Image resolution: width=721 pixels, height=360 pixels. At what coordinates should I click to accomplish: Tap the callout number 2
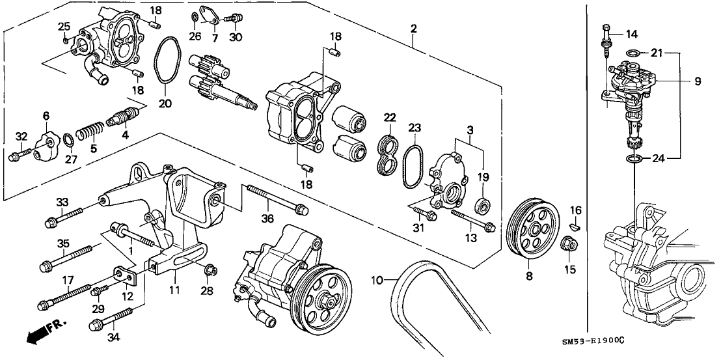pyautogui.click(x=414, y=29)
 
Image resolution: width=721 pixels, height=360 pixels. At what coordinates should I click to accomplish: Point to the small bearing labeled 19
pyautogui.click(x=483, y=206)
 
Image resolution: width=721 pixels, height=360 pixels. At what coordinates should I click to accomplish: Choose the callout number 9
pyautogui.click(x=697, y=81)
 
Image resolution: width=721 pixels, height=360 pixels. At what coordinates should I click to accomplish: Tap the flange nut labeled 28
pyautogui.click(x=210, y=270)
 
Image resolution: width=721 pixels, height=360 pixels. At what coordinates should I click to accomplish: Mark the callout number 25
pyautogui.click(x=64, y=26)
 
